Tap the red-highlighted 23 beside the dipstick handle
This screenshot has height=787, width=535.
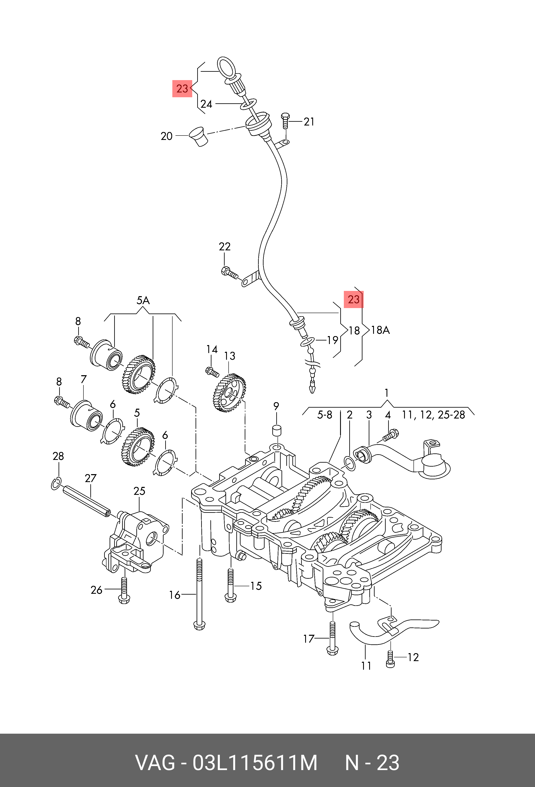click(182, 89)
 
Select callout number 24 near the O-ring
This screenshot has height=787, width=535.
click(206, 104)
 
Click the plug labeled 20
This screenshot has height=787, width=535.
click(198, 137)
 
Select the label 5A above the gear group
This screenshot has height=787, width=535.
click(143, 300)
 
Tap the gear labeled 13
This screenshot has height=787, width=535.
click(229, 393)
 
